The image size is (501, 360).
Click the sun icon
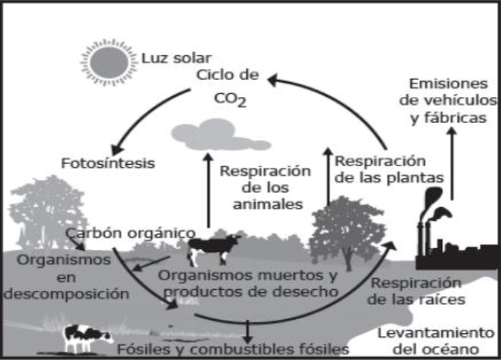tap(110, 59)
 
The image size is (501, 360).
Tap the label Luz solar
tap(175, 57)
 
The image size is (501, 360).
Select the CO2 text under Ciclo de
tap(230, 98)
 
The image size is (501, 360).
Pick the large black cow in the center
tap(215, 248)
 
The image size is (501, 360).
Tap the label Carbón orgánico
tap(130, 233)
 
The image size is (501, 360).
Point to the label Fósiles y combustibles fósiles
tap(233, 348)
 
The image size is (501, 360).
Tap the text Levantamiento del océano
tap(435, 341)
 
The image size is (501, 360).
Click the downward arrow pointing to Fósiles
tap(246, 330)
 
